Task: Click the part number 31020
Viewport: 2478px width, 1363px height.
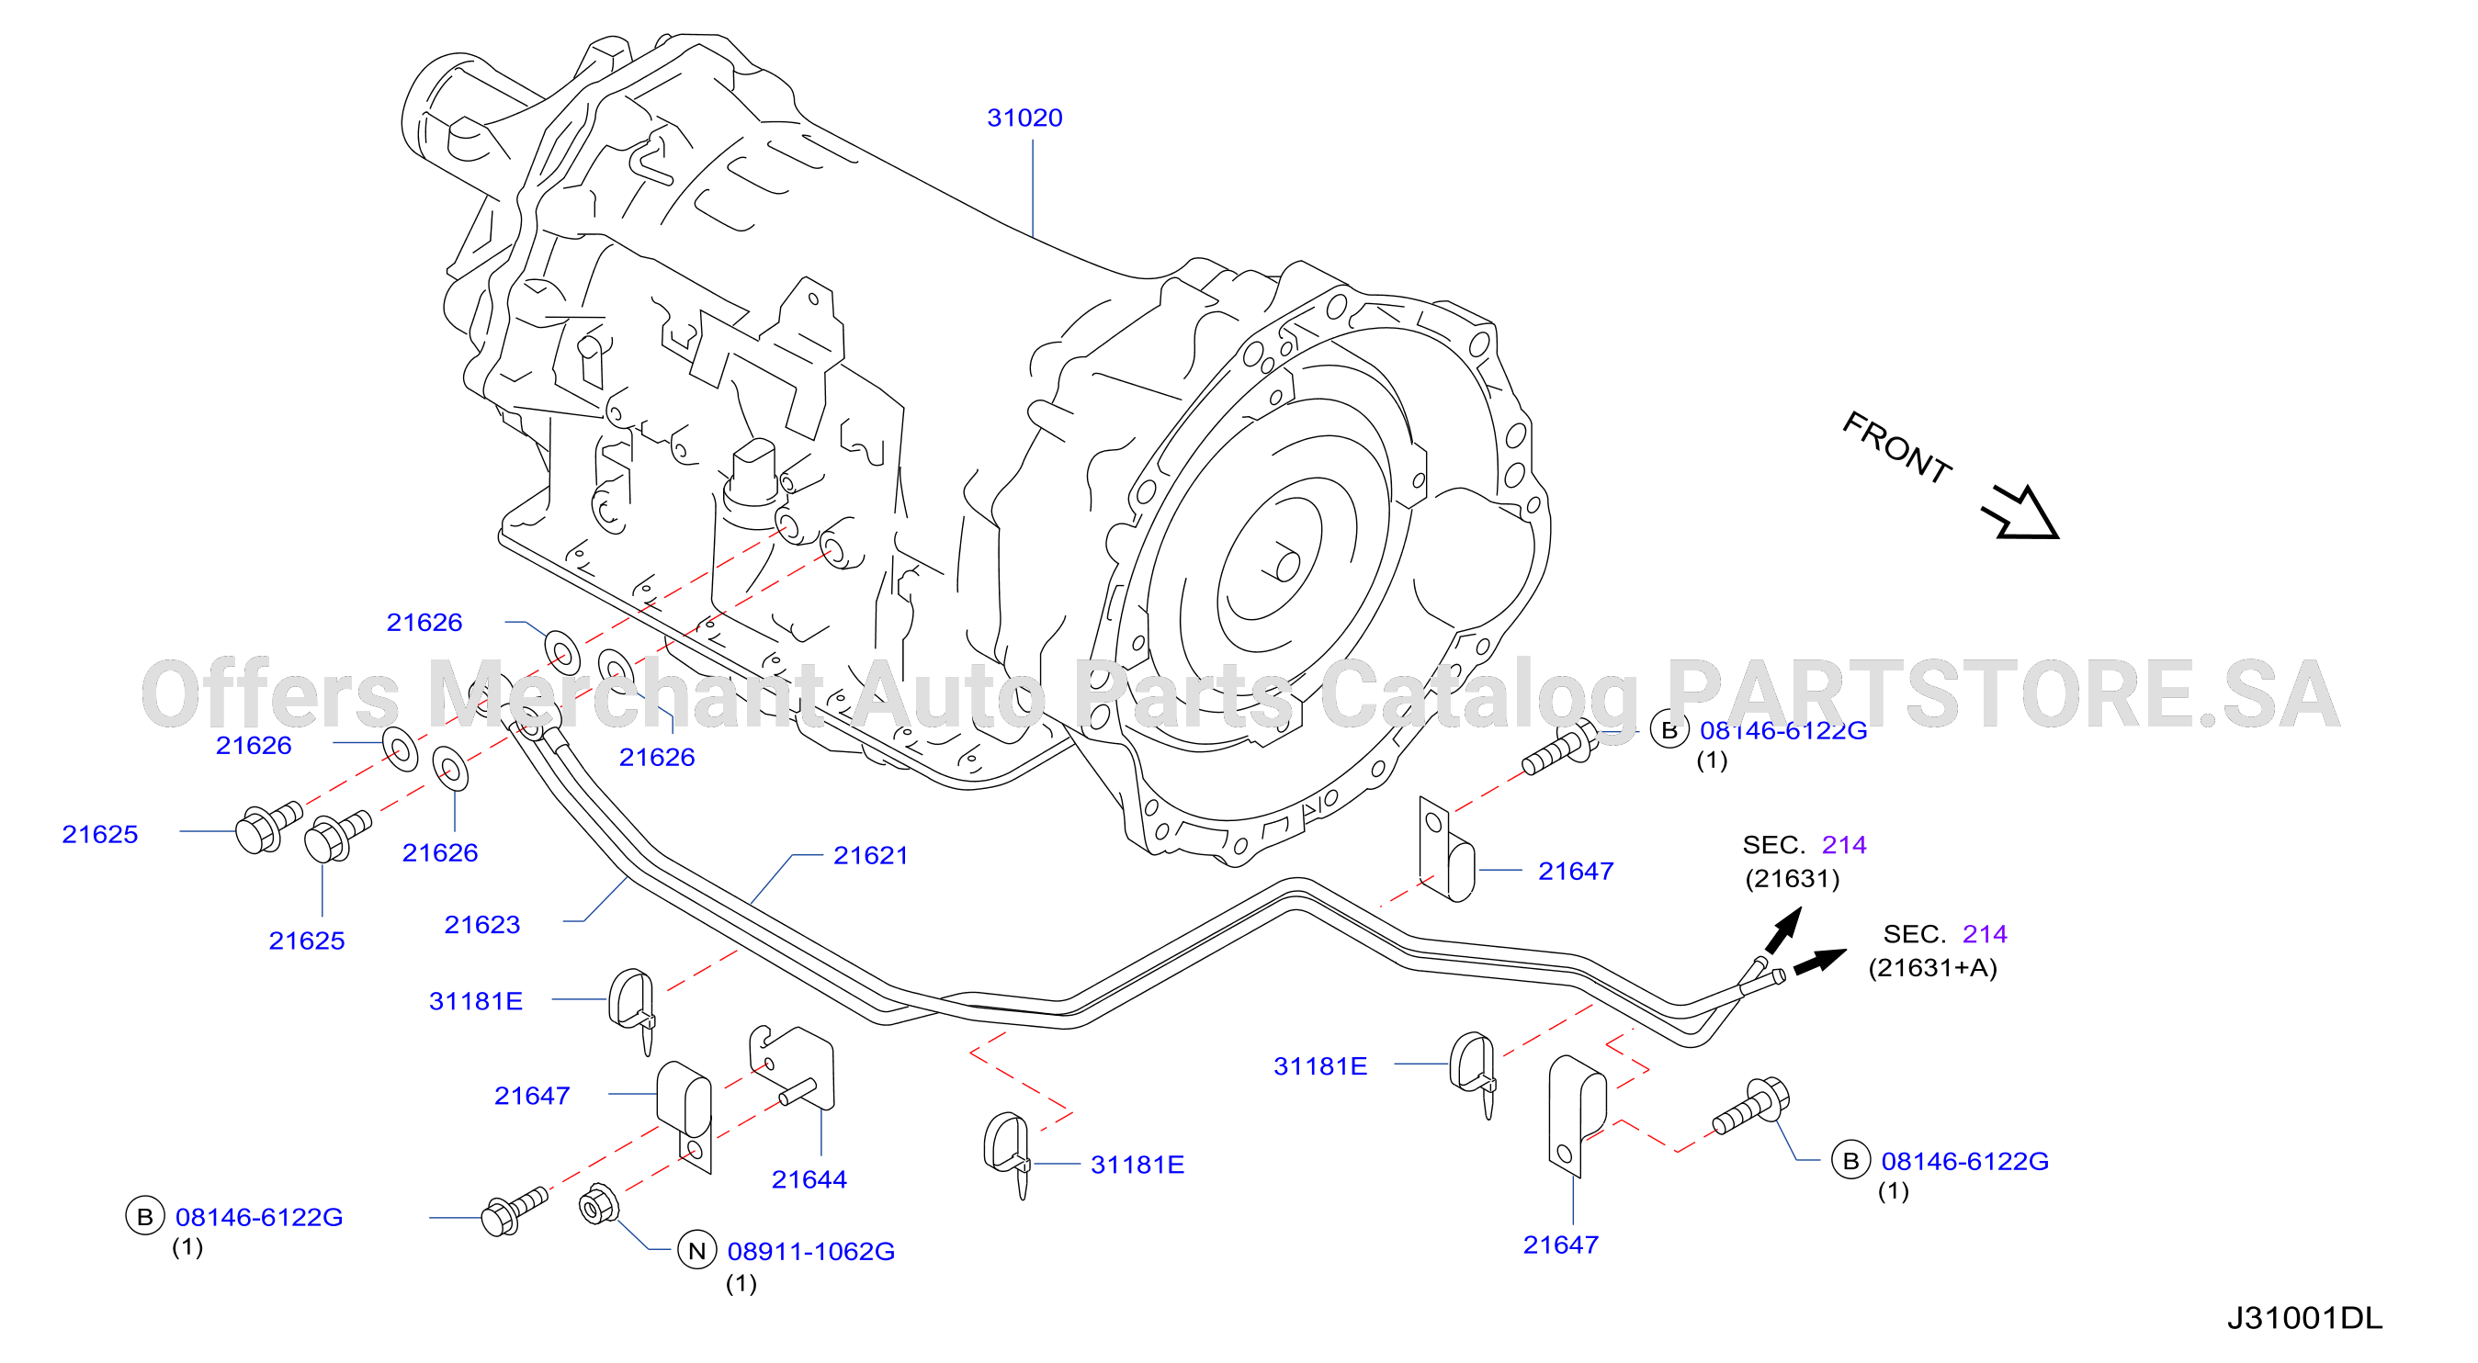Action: [1024, 118]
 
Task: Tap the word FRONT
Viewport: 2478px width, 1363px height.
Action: [1896, 446]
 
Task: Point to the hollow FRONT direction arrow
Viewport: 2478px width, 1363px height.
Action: [2020, 513]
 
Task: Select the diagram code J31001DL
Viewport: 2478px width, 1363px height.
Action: [2305, 1318]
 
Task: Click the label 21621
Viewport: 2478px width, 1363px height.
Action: [871, 855]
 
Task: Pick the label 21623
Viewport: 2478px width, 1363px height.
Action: [482, 924]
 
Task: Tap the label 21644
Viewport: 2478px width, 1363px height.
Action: [809, 1179]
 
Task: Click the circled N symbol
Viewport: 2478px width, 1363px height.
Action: [697, 1250]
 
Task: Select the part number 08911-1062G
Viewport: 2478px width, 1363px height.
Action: [811, 1252]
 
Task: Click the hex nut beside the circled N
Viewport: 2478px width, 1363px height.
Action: [598, 1204]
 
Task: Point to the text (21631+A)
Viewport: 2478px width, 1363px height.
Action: [1932, 968]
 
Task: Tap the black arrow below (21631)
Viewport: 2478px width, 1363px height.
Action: [1783, 930]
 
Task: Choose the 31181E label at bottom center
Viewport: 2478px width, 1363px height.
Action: [1137, 1165]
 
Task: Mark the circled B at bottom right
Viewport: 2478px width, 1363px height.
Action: [1850, 1161]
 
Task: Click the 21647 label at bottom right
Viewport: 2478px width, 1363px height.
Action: [1560, 1245]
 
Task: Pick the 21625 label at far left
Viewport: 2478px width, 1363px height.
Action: [100, 834]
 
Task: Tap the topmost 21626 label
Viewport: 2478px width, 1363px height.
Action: [424, 623]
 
